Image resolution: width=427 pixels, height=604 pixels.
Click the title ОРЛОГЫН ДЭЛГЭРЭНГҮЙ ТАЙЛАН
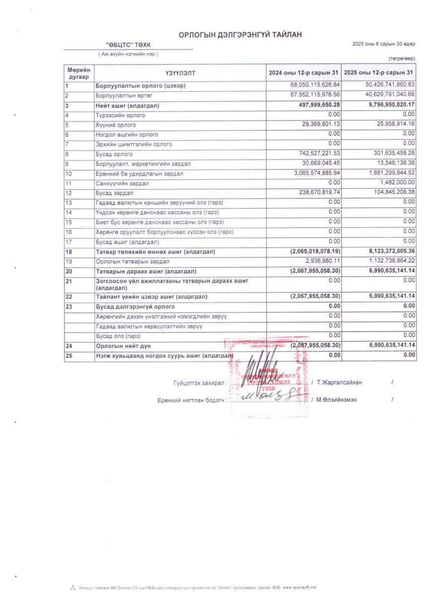240,34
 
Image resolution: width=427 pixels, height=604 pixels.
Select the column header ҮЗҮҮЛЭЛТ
180,73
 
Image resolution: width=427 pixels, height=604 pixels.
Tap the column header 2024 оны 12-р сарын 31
304,73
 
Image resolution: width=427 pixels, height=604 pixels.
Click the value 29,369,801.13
316,124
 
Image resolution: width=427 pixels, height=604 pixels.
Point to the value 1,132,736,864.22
387,261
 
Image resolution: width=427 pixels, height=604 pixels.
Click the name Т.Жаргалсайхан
339,383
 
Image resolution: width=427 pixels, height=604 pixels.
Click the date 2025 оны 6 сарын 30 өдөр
384,45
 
